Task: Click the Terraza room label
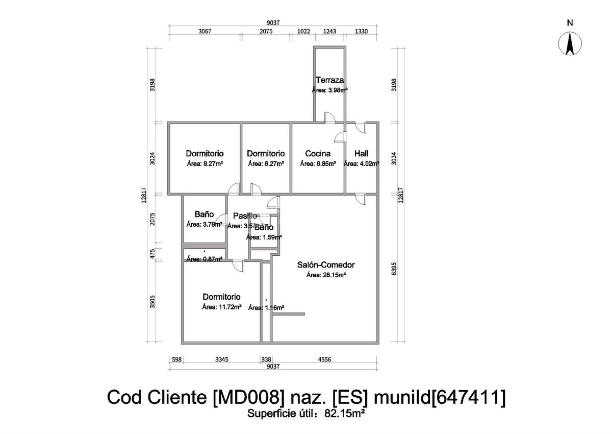(329, 80)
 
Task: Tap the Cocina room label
(318, 154)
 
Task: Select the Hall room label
(361, 154)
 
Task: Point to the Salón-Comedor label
(326, 265)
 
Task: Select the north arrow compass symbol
(570, 43)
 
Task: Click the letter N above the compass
(570, 22)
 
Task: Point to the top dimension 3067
(205, 31)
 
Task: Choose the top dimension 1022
(303, 31)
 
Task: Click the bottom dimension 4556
(324, 359)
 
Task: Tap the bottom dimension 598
(176, 359)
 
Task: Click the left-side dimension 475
(152, 254)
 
